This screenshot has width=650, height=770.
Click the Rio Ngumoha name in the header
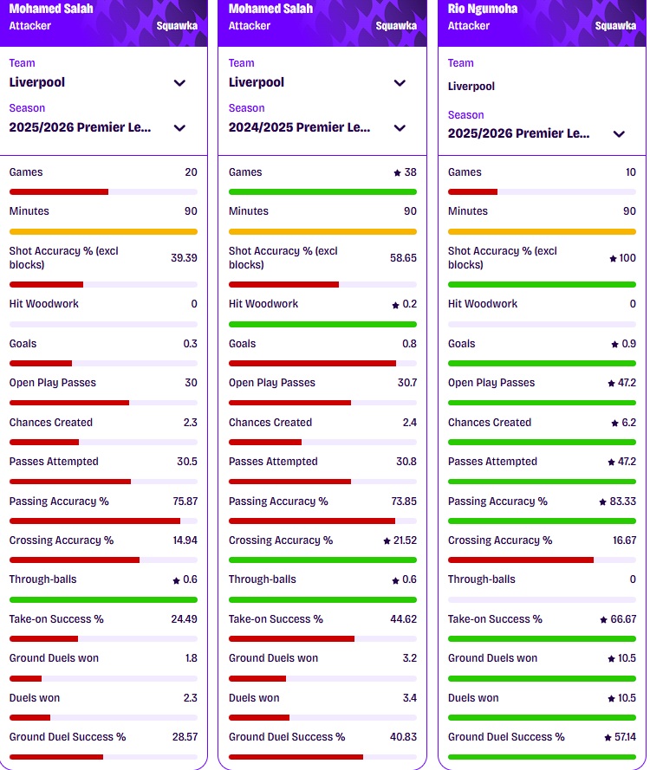tap(484, 9)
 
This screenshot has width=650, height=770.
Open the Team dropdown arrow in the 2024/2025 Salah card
tap(400, 83)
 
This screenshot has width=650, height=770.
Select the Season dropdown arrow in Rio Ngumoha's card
tap(619, 134)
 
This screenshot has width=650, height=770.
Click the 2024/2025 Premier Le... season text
tap(299, 127)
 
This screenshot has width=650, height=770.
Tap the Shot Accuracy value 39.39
tap(183, 258)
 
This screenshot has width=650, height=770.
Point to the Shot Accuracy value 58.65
tap(402, 258)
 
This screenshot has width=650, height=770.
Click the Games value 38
tap(409, 172)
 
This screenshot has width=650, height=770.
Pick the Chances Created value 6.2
tap(627, 423)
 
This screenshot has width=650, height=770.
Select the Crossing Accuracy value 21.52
tap(402, 540)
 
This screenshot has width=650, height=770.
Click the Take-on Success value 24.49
tap(183, 619)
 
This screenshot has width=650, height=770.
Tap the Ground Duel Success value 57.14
tap(622, 737)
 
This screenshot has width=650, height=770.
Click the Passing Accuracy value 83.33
tap(621, 501)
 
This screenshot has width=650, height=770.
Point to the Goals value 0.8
tap(409, 344)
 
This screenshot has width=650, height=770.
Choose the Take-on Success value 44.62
tap(402, 619)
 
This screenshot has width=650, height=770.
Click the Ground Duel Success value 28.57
tap(183, 737)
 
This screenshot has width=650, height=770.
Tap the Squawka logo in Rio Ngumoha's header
tap(615, 26)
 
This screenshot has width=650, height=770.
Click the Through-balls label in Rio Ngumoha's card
tap(481, 579)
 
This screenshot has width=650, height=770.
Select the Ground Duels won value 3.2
tap(409, 658)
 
